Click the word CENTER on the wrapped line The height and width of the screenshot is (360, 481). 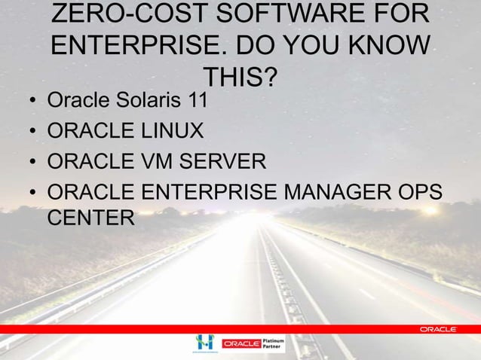pyautogui.click(x=90, y=218)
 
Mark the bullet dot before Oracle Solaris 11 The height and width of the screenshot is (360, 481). pyautogui.click(x=32, y=102)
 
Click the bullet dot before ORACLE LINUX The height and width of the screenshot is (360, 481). pyautogui.click(x=32, y=133)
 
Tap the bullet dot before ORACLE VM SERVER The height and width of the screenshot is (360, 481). pyautogui.click(x=32, y=163)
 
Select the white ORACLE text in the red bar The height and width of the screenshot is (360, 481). pyautogui.click(x=437, y=330)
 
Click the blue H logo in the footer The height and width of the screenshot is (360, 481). pyautogui.click(x=204, y=342)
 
